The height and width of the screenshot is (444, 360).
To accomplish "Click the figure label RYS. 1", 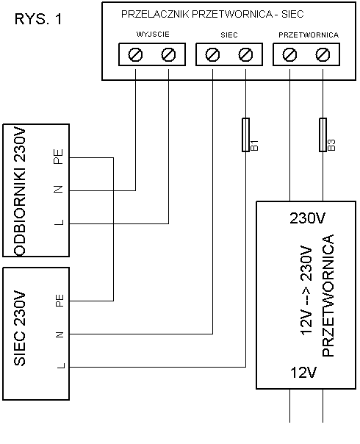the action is pos(38,19).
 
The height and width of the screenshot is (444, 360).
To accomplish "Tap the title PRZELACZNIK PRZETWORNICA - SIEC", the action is pos(212,14).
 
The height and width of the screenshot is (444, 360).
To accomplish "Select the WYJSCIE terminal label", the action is pos(153,35).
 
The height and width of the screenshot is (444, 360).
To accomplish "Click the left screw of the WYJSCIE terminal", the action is pos(135,54).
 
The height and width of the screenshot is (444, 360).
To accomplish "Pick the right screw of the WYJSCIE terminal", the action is pos(168,54).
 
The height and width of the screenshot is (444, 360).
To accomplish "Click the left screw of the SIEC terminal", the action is pos(212,54).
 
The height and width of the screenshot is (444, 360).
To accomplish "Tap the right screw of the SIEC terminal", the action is pos(245,54).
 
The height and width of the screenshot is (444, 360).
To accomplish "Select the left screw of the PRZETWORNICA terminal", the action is pos(289,54).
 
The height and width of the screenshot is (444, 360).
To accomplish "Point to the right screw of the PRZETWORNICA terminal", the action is pos(323,54).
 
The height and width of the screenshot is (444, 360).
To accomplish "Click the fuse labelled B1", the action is pos(245,135).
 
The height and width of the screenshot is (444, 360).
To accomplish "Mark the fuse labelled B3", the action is pos(323,135).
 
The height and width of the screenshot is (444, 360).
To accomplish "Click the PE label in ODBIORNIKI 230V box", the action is pos(58,157).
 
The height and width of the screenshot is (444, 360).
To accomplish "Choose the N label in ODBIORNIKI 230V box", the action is pos(58,190).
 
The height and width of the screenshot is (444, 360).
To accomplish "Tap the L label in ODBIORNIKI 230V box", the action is pos(59,223).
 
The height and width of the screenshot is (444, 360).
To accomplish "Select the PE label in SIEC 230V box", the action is pos(60,301).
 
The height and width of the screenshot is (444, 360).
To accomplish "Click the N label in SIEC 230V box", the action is pos(60,335).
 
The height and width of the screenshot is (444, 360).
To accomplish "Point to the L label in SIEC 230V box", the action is pos(61,366).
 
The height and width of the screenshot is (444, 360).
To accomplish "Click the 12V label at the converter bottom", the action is pos(303,373).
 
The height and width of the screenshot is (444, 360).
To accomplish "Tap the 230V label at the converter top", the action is pos(307,218).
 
